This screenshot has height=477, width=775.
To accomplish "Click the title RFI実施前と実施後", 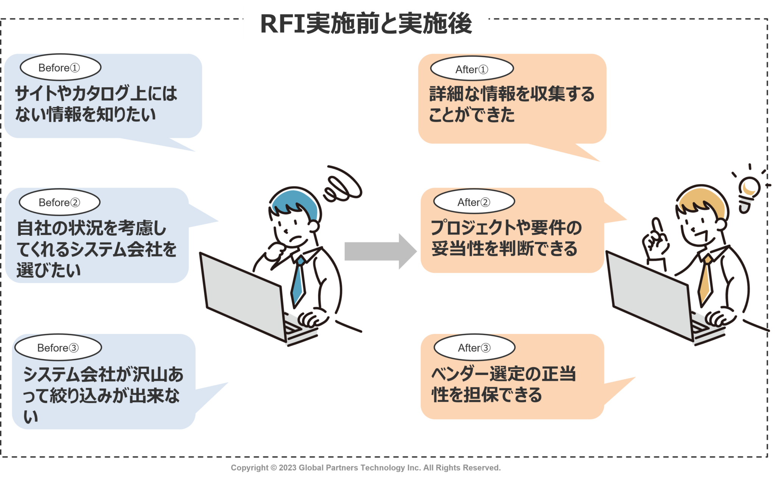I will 366,23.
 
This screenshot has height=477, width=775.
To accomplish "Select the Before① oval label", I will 60,68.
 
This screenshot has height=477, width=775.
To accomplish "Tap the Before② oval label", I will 59,202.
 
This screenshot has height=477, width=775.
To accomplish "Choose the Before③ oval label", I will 58,348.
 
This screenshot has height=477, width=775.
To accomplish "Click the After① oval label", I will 472,69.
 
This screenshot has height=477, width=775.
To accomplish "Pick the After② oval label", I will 474,202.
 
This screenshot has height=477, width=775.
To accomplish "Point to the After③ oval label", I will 474,348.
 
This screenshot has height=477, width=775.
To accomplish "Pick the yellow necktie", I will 705,280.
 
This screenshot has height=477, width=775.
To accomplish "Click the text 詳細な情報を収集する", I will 512,94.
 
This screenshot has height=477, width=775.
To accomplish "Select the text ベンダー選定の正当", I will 503,374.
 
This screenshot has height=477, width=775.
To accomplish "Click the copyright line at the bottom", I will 366,468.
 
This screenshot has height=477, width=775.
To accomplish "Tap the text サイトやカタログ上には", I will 96,93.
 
